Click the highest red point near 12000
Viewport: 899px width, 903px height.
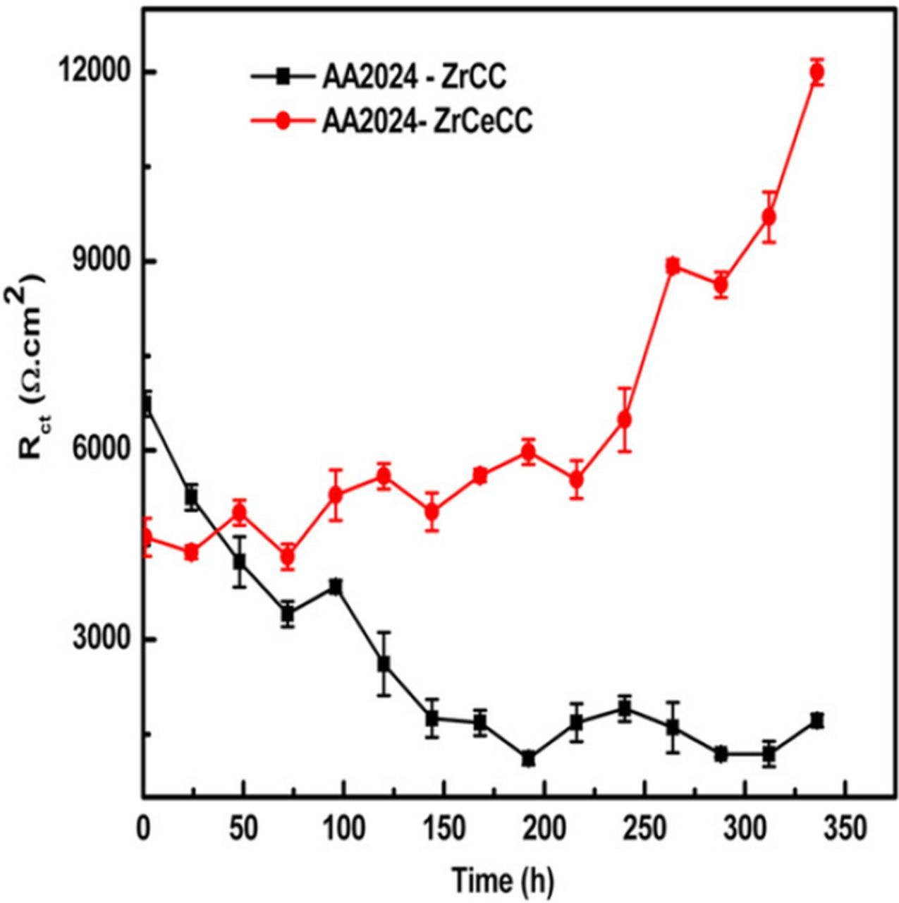tap(817, 72)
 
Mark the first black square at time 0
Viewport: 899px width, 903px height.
tap(145, 406)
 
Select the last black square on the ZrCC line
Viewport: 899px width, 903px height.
tap(817, 720)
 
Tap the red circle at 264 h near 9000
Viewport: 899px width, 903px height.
tap(673, 266)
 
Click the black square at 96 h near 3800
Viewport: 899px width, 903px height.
tap(336, 587)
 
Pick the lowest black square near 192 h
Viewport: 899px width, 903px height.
tap(528, 758)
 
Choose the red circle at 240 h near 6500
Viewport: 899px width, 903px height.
tap(625, 420)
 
